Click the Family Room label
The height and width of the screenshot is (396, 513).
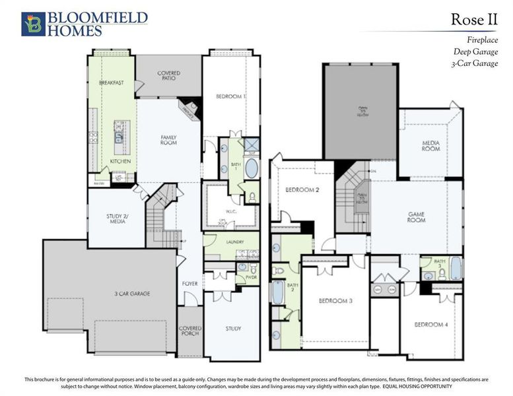coord(168,139)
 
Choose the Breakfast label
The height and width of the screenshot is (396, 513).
coord(112,83)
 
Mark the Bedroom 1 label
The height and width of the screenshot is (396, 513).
coord(230,97)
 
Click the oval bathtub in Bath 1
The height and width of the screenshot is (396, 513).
coord(253,169)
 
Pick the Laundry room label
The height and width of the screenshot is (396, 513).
coord(235,242)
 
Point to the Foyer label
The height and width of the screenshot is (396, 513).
coord(190,284)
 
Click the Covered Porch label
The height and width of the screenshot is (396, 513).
coord(190,331)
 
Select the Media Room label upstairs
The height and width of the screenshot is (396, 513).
coord(430,146)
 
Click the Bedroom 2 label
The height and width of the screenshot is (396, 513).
coord(302,190)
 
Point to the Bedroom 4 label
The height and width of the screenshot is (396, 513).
coord(431,325)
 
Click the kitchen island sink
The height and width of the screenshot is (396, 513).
coord(119,137)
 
